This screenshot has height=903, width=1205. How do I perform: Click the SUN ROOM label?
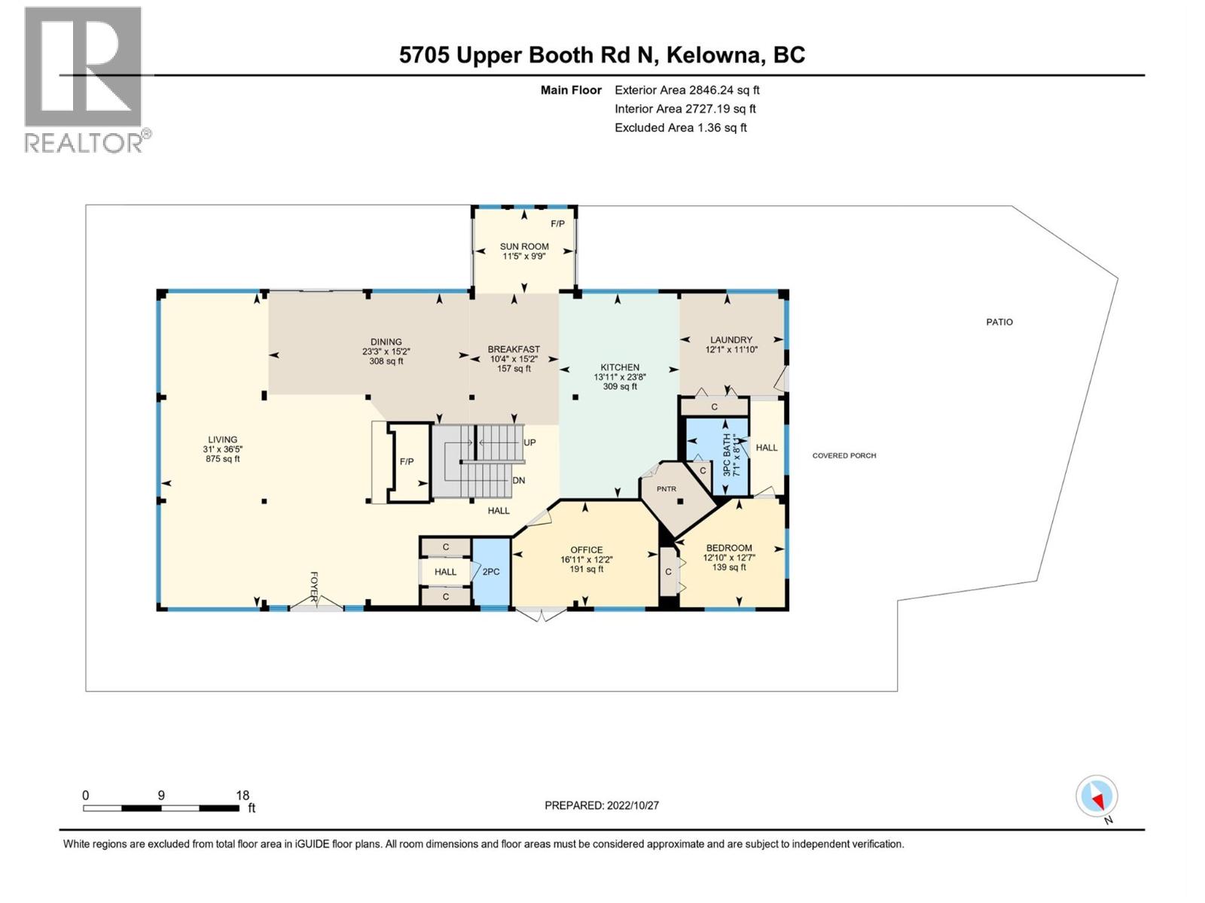[524, 246]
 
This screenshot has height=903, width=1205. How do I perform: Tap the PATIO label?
[999, 322]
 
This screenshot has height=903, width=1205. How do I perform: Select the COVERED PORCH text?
[843, 455]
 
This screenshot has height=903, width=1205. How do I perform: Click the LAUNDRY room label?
[731, 339]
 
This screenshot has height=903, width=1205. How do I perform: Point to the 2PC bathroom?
[491, 572]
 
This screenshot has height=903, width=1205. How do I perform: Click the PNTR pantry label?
[666, 489]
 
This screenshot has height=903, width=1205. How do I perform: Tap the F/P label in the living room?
[407, 461]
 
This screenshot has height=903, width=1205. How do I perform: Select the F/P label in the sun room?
[557, 223]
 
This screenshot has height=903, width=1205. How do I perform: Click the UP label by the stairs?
[529, 442]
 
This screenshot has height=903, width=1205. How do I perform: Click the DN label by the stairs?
[519, 480]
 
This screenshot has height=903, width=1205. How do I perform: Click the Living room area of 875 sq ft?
[222, 459]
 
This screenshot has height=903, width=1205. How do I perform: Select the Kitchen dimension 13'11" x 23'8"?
[619, 377]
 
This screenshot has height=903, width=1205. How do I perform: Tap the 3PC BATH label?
[727, 454]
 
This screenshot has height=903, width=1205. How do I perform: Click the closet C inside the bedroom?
[668, 572]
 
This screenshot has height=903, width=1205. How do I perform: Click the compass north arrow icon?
[1097, 797]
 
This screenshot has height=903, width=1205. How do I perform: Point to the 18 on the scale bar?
[242, 795]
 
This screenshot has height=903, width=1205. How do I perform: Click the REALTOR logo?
[84, 79]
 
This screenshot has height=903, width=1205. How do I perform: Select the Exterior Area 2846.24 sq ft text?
[686, 90]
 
